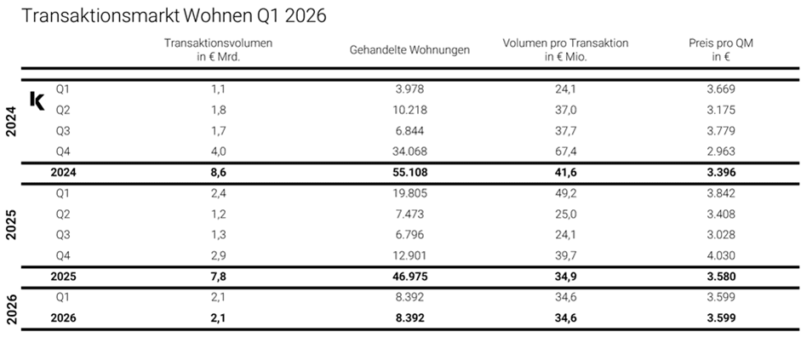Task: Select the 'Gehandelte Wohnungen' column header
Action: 409,50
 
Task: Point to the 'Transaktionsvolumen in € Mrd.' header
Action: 219,50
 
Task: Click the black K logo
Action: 37,100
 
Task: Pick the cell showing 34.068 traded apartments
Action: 409,151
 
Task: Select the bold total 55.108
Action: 409,172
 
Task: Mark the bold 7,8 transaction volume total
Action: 219,277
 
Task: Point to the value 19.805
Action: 409,192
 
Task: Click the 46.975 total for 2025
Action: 409,277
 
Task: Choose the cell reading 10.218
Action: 409,110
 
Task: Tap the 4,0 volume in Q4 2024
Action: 219,151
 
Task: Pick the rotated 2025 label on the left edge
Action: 11,224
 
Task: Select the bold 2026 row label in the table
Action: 63,317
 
